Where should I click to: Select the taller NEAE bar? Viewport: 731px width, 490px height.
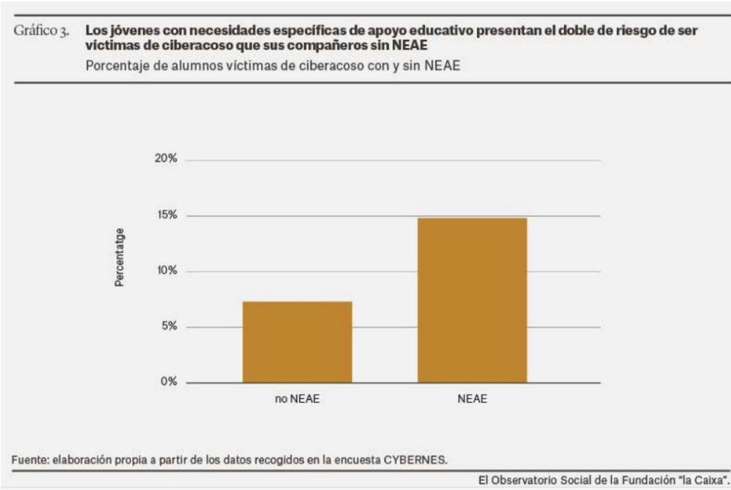[x=472, y=300]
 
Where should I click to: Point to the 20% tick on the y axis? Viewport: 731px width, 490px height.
[x=166, y=158]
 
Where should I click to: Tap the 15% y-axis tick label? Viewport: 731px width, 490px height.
[x=167, y=215]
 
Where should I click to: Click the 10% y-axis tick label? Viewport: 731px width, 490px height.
[x=167, y=270]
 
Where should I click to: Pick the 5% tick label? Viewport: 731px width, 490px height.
[x=169, y=326]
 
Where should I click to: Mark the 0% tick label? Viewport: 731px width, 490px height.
[x=169, y=382]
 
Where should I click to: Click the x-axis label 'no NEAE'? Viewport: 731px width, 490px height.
[x=297, y=399]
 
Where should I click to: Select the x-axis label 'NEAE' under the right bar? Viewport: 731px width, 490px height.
[x=472, y=399]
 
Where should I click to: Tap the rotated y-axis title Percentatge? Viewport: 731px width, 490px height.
[x=119, y=257]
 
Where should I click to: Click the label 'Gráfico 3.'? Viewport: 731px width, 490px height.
[x=41, y=31]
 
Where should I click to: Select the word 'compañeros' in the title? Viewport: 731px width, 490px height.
[x=327, y=45]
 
